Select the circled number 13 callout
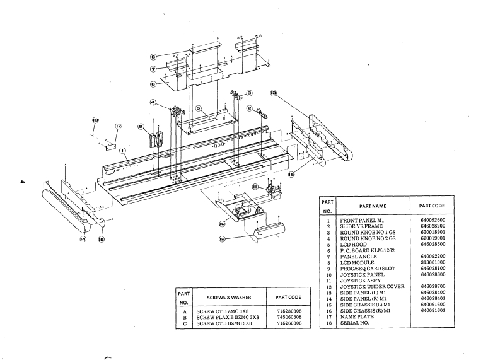272,93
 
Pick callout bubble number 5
197,108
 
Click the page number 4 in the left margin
22,183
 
